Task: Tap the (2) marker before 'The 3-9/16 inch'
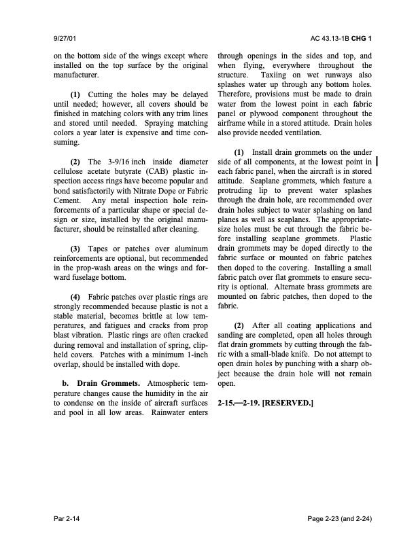click(76, 161)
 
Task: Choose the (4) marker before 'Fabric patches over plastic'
click(76, 298)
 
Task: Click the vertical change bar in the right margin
click(377, 162)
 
